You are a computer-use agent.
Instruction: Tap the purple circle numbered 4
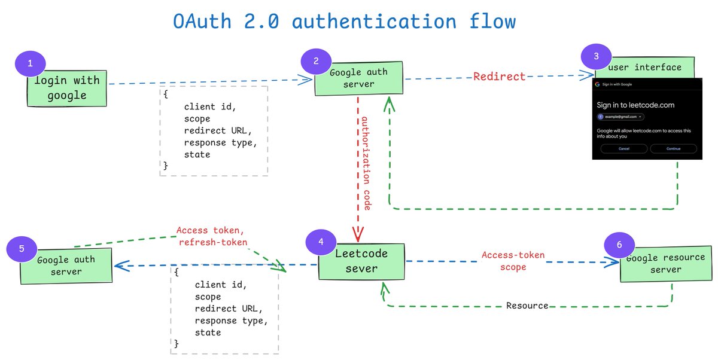click(321, 242)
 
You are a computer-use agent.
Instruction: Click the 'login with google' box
click(67, 88)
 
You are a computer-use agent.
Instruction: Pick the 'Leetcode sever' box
click(361, 261)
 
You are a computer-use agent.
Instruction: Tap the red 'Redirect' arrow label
click(499, 77)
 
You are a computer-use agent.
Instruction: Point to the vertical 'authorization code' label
click(366, 163)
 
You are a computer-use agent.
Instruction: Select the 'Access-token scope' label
click(513, 261)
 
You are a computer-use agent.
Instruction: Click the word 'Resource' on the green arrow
click(527, 306)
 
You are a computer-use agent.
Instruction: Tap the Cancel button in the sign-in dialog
click(623, 148)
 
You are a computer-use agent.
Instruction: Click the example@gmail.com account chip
click(620, 117)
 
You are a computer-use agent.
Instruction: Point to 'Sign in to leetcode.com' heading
click(635, 105)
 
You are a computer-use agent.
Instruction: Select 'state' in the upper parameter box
click(197, 154)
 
